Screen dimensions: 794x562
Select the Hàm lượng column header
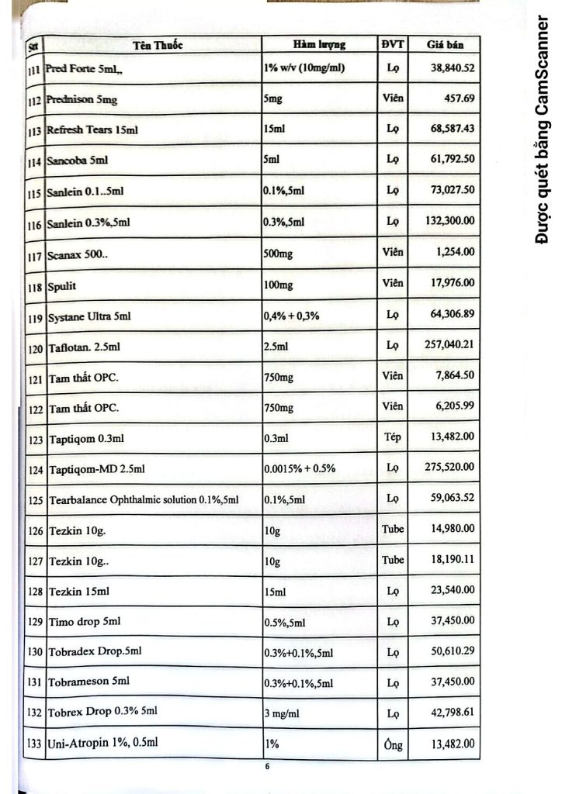click(319, 44)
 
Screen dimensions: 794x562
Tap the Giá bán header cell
click(444, 44)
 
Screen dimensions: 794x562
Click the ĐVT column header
click(392, 44)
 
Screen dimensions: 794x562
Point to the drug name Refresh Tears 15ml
click(92, 129)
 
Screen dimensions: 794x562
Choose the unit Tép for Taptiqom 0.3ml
click(392, 437)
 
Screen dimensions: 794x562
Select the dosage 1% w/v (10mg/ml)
click(304, 68)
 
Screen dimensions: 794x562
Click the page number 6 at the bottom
click(266, 768)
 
